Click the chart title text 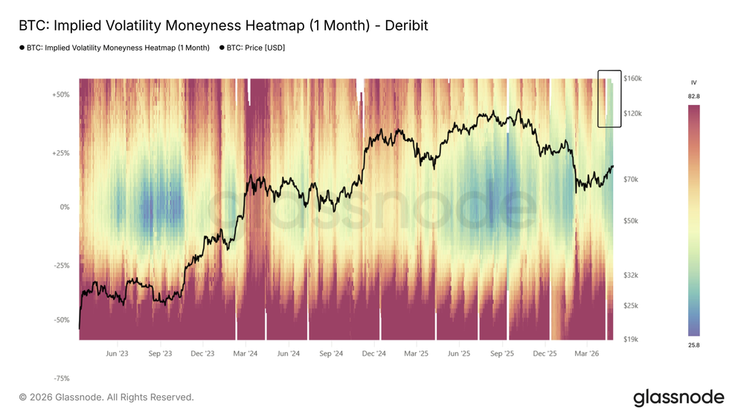pos(223,25)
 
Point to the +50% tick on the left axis pos(60,95)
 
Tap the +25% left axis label pos(60,153)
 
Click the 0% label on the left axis pos(65,208)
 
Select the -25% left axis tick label pos(61,266)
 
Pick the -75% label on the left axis pos(61,378)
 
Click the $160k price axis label pos(632,78)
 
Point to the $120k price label pos(632,113)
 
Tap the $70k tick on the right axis pos(631,179)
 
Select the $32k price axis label pos(631,275)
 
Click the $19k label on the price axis pos(631,339)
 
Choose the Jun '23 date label pos(117,354)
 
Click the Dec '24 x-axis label pos(375,354)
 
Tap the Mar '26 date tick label pos(588,354)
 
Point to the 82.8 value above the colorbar pos(693,97)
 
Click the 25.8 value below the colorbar pos(693,345)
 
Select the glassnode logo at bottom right pos(678,397)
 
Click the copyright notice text pos(106,397)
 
